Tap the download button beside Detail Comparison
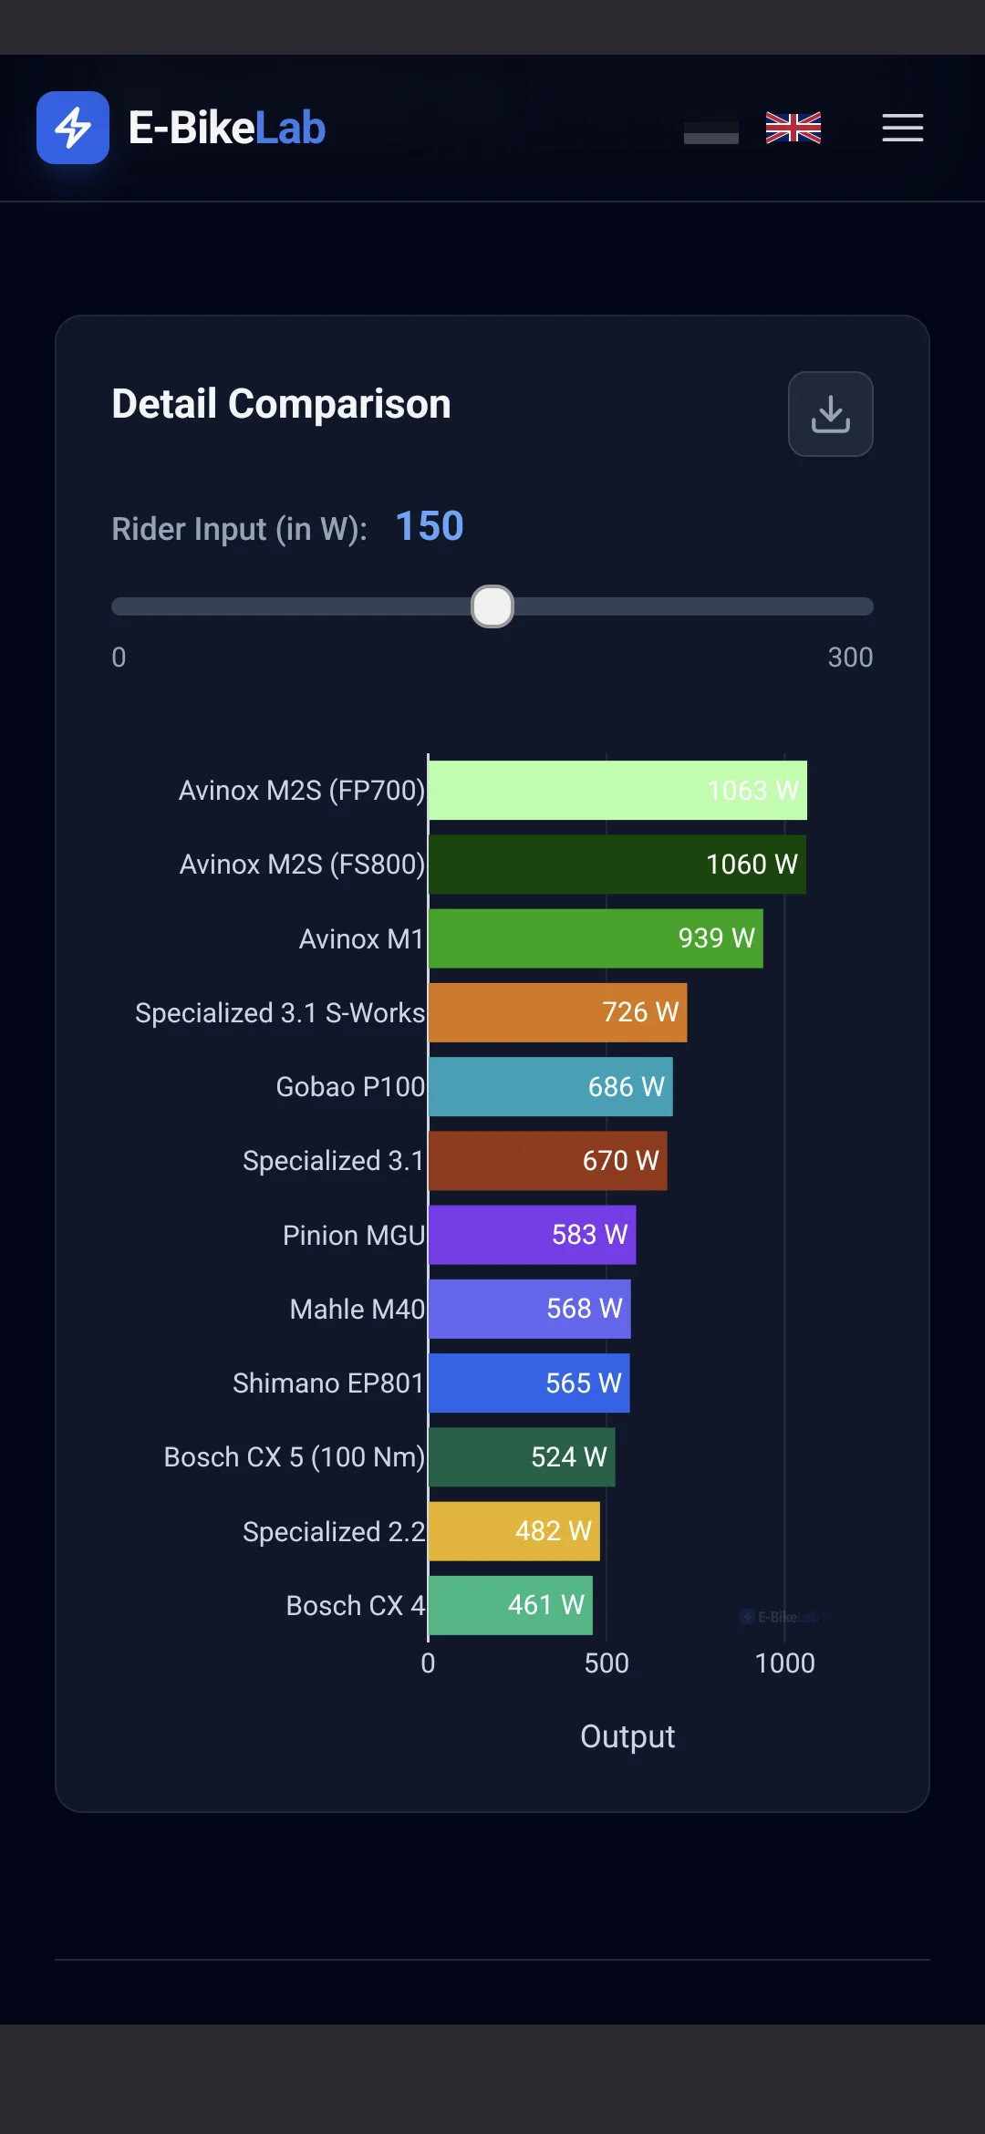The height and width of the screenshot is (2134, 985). tap(830, 414)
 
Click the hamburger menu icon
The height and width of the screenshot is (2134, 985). tap(903, 128)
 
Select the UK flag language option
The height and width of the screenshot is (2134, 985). tap(793, 128)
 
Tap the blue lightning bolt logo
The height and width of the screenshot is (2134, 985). tap(73, 128)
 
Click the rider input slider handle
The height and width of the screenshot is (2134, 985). tap(493, 606)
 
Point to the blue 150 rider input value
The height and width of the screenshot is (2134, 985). tap(430, 526)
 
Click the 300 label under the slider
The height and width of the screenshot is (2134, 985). tap(850, 658)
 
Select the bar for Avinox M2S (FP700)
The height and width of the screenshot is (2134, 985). tap(617, 790)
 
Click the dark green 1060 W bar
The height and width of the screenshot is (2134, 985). tap(617, 865)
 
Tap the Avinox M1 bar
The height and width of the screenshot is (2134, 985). tap(596, 938)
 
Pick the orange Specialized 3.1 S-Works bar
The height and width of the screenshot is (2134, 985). tap(558, 1012)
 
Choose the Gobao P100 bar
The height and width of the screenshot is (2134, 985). tap(551, 1086)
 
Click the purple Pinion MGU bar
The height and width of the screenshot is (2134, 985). tap(533, 1235)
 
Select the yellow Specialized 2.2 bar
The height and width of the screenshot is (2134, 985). tap(514, 1531)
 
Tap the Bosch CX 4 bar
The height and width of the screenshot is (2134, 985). tap(511, 1605)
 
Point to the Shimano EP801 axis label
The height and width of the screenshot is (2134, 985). tap(328, 1383)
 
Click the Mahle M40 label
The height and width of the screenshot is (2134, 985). tap(358, 1310)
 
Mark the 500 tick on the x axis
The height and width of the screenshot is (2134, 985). tap(607, 1663)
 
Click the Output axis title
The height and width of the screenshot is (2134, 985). tap(627, 1736)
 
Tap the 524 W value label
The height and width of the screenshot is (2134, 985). tap(569, 1457)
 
